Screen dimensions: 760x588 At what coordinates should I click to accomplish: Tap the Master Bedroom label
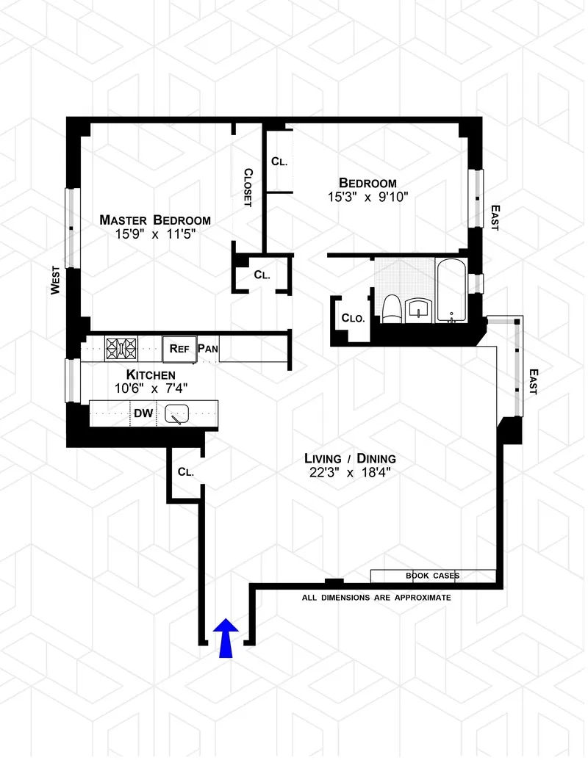coord(155,220)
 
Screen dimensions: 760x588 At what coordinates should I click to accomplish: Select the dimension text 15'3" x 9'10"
coord(367,197)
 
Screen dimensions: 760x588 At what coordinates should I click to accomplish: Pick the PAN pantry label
coord(207,349)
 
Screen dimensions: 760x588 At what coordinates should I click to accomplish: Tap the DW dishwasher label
coord(143,413)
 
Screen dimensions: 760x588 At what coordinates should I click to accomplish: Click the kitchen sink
coord(177,415)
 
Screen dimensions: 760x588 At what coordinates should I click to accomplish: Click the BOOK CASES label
coord(432,576)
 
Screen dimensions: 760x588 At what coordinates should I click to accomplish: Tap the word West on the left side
coord(55,280)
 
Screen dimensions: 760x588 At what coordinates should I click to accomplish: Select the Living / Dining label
coord(350,459)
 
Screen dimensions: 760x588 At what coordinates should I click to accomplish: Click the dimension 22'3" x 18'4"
coord(350,474)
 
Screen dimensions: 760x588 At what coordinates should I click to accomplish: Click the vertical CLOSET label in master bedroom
coord(248,188)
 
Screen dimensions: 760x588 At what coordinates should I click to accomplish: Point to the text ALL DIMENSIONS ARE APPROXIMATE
coord(376,598)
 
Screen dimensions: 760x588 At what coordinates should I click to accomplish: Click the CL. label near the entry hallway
coord(185,472)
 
